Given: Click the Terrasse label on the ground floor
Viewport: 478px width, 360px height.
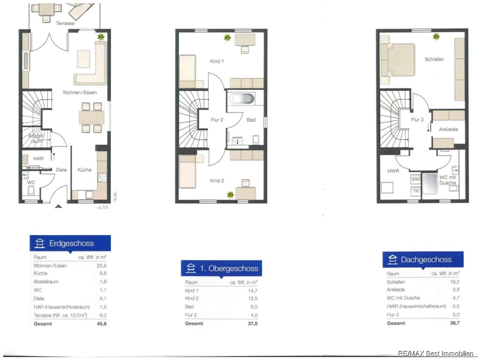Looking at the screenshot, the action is point(65,23).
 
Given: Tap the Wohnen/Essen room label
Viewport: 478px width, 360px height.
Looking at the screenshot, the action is point(80,92).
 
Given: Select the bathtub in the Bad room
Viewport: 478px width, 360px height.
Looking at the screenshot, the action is point(241,99).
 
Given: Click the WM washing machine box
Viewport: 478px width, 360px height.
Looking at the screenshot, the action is point(415,179).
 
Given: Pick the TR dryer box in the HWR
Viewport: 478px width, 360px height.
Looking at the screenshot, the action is point(415,191).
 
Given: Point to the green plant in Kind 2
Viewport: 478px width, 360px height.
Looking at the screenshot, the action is point(230,194).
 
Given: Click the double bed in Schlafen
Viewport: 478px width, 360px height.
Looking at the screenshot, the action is point(398,60).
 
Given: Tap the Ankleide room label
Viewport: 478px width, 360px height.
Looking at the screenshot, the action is point(448,129).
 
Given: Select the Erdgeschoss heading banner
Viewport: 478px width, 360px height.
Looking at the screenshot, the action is point(70,243).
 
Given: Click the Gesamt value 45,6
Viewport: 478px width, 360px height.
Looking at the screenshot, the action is point(102,324).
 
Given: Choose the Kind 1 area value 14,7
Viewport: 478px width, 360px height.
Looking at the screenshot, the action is point(253,291).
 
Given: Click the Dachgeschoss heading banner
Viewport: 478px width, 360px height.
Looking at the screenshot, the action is point(423,260).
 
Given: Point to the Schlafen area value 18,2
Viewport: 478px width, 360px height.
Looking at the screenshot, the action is point(455,282).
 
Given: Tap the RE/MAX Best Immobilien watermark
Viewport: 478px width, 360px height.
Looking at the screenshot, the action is point(436,354).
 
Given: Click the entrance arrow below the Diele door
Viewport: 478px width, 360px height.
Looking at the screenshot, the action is point(59,207).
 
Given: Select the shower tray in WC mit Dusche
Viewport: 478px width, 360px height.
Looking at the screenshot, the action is point(430,184).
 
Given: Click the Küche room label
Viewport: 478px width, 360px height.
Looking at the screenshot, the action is point(85,170).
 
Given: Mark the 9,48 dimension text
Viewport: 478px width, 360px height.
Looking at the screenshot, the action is point(115,196).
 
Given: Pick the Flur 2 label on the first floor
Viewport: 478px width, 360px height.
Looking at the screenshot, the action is point(217,120).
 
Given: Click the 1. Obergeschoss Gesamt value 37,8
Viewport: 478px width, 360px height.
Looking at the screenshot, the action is point(253,324).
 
